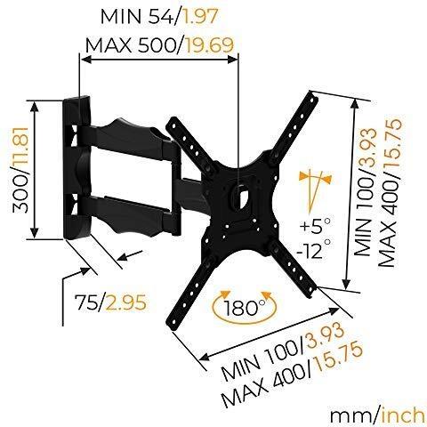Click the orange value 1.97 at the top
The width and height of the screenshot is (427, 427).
tap(200, 16)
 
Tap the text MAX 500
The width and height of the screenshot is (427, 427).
tap(132, 45)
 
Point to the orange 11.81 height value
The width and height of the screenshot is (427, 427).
tap(20, 149)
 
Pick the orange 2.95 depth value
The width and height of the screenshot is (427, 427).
tap(126, 302)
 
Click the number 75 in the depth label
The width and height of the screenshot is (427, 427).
tap(86, 302)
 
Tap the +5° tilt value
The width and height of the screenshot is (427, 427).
tap(315, 226)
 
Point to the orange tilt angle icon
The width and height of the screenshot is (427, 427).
tap(315, 189)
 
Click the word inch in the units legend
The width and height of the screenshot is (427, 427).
tap(403, 415)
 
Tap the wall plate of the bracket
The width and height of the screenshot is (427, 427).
tap(76, 167)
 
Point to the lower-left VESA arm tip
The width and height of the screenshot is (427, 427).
tap(173, 323)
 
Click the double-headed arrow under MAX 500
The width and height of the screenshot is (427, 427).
tap(159, 60)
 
